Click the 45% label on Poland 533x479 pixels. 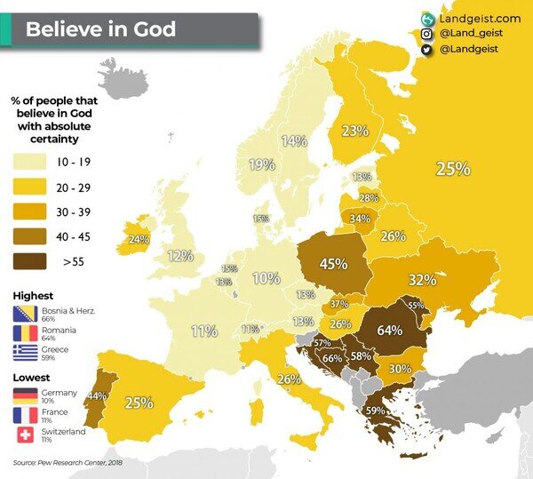pos(333,263)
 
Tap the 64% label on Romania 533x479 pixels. pos(390,330)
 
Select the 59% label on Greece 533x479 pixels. pos(375,411)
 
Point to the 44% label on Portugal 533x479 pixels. pos(97,395)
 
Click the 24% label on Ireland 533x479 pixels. pos(138,239)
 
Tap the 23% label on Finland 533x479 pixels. pos(355,131)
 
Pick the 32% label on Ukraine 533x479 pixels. pos(422,279)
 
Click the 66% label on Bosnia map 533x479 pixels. pos(331,358)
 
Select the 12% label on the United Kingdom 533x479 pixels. pos(180,256)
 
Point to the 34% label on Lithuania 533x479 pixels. pos(360,218)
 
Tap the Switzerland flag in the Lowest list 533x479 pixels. pos(24,435)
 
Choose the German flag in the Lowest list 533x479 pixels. pos(24,395)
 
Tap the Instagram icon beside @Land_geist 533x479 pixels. pos(427,34)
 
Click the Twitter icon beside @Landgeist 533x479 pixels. pos(427,50)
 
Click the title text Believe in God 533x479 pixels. pos(99,29)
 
